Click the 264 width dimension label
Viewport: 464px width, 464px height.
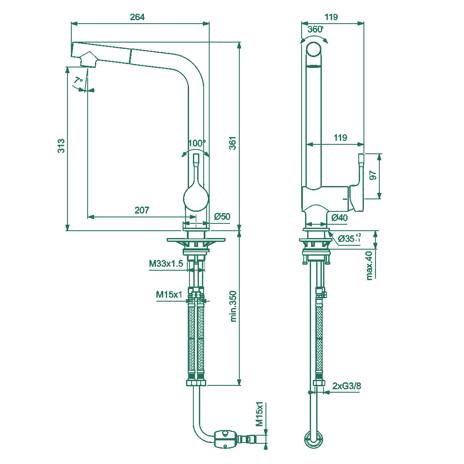(137, 17)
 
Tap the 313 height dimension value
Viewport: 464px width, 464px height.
(61, 146)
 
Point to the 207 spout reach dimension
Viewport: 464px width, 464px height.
(142, 210)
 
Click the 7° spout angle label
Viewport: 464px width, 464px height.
(78, 80)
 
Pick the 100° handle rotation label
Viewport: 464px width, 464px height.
(197, 143)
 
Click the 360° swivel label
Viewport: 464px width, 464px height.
(315, 29)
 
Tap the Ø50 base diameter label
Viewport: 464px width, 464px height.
(222, 217)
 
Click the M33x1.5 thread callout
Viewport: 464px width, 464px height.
(166, 264)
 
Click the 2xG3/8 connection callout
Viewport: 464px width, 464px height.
(347, 386)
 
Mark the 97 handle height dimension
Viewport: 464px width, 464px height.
(372, 175)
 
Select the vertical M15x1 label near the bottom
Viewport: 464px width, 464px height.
(259, 415)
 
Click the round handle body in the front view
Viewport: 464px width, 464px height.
(196, 198)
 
